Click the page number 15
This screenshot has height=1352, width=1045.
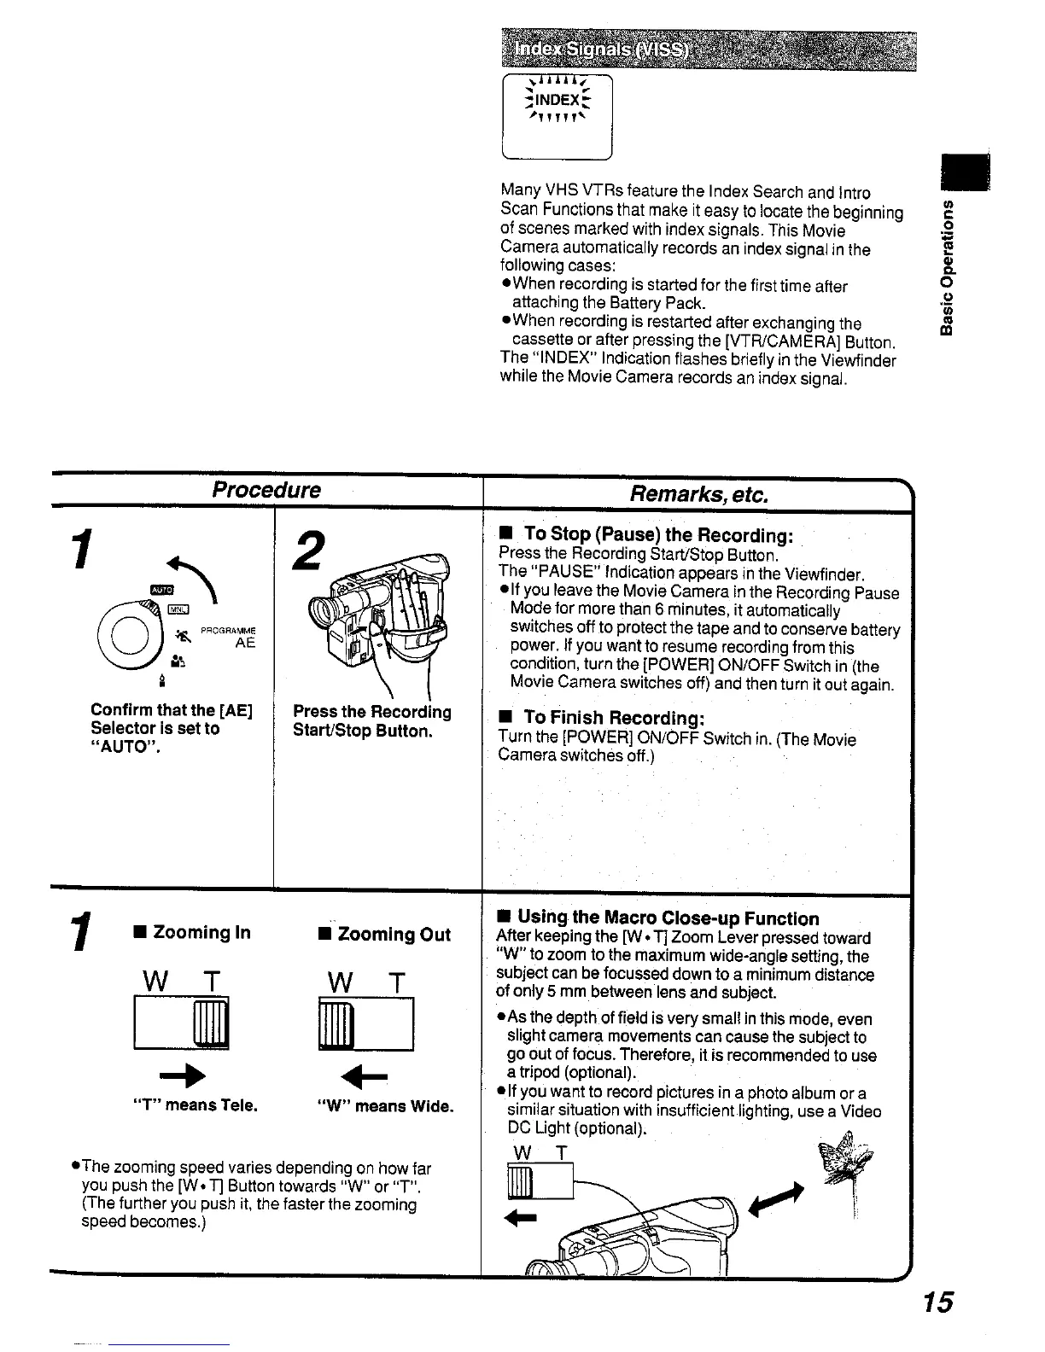click(937, 1302)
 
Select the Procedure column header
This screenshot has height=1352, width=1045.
click(266, 490)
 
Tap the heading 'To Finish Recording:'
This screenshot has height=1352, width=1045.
click(613, 717)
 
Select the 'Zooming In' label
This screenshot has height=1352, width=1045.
click(193, 932)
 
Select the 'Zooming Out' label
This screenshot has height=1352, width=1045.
click(384, 934)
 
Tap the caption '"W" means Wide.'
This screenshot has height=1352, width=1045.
click(384, 1107)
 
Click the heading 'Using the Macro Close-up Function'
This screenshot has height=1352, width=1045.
click(658, 918)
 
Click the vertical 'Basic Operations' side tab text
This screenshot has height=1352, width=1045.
click(945, 269)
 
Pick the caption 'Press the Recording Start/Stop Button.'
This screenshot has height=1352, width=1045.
click(372, 721)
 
